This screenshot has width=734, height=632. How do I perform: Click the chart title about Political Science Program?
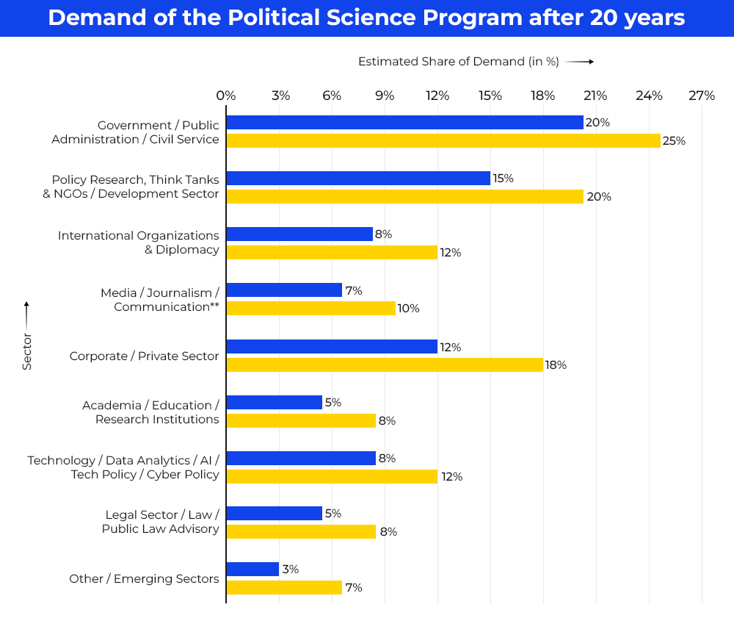(x=366, y=18)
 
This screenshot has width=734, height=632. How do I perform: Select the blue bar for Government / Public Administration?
(x=404, y=123)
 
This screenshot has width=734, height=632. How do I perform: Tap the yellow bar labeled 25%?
(x=443, y=140)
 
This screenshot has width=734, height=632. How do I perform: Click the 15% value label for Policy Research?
(x=504, y=179)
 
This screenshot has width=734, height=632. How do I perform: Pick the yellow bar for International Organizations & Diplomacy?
(x=332, y=252)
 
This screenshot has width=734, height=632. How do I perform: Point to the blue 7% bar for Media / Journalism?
(x=284, y=290)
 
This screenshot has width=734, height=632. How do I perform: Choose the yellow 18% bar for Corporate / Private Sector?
(x=385, y=365)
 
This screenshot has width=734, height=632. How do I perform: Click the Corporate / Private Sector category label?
(x=144, y=356)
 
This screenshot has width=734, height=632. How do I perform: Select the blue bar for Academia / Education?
(x=275, y=403)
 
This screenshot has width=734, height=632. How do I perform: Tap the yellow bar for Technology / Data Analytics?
(x=332, y=476)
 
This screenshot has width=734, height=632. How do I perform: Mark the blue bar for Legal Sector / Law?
(x=275, y=514)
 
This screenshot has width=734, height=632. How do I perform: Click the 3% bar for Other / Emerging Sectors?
(x=252, y=570)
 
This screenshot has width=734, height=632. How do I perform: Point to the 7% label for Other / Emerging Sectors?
(x=353, y=587)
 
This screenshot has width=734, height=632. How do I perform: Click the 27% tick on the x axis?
(x=702, y=96)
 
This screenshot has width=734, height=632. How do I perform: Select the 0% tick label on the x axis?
(x=226, y=96)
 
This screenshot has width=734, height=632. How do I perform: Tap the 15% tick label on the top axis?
(x=490, y=96)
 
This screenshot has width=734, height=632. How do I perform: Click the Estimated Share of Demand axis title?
(x=458, y=62)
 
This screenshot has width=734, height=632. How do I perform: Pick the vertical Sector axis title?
(x=27, y=351)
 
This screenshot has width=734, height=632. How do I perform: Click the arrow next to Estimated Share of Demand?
(x=580, y=62)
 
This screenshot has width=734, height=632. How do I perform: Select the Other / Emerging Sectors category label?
(x=144, y=578)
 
